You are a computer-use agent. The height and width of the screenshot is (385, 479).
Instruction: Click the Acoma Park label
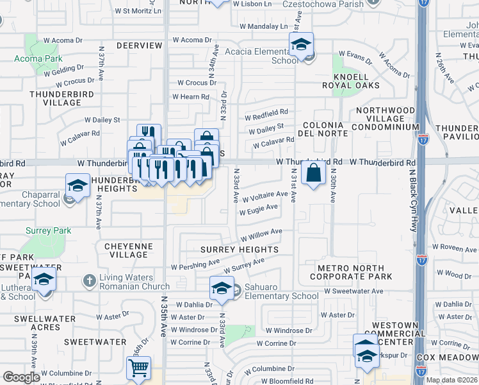pos(38,58)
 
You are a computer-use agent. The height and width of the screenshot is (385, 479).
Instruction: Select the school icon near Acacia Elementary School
pos(300,45)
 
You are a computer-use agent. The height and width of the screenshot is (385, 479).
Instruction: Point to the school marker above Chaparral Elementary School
pos(78,186)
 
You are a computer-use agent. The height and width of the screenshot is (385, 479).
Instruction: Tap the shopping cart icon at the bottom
pos(138,368)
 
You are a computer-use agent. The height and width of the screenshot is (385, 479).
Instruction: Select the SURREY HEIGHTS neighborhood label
pos(239,250)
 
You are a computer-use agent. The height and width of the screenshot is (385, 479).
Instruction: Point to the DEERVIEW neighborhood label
pos(140,46)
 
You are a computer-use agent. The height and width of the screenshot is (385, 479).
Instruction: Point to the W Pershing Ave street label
pos(195,264)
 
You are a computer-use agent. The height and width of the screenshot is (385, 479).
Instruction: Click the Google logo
pos(21,377)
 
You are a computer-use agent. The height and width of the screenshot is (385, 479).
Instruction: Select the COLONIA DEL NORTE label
pos(325,128)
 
